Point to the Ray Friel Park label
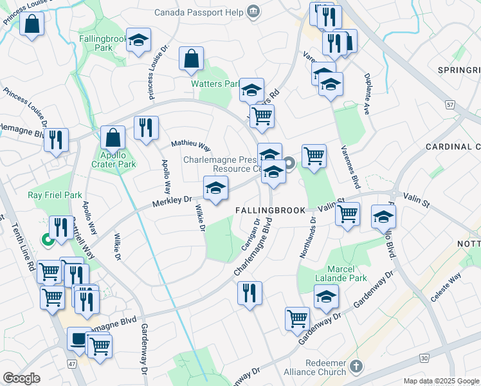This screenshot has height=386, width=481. click(55, 195)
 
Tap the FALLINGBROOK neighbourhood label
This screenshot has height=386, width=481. click(273, 210)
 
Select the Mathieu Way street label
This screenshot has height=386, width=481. click(190, 145)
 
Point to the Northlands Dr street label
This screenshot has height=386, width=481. click(308, 236)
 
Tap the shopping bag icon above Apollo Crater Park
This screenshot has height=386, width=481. click(113, 137)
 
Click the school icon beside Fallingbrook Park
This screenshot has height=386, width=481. click(138, 41)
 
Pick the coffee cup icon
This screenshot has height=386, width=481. click(80, 338)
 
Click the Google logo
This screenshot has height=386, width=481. click(22, 378)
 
